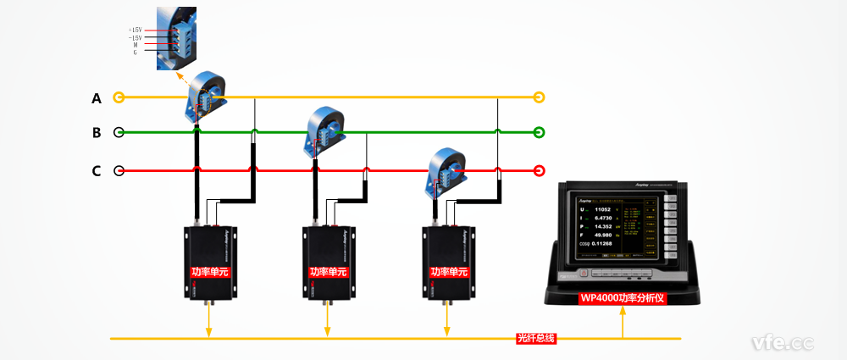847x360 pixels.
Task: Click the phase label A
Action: pyautogui.click(x=97, y=98)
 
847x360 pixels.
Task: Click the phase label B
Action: pyautogui.click(x=97, y=133)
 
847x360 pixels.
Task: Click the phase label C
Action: pyautogui.click(x=97, y=171)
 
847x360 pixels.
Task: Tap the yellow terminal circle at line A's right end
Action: pyautogui.click(x=539, y=97)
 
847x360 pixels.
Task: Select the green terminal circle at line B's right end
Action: pyautogui.click(x=539, y=132)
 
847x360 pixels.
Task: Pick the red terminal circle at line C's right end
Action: pyautogui.click(x=539, y=170)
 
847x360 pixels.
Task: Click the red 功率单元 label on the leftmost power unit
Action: pyautogui.click(x=210, y=272)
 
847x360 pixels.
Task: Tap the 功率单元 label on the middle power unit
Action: pyautogui.click(x=328, y=272)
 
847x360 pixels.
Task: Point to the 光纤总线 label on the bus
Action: pyautogui.click(x=535, y=339)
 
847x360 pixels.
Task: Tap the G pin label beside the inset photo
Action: pyautogui.click(x=135, y=53)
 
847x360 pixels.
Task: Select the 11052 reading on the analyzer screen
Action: pyautogui.click(x=603, y=208)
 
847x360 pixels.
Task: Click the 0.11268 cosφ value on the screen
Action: pyautogui.click(x=608, y=244)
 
